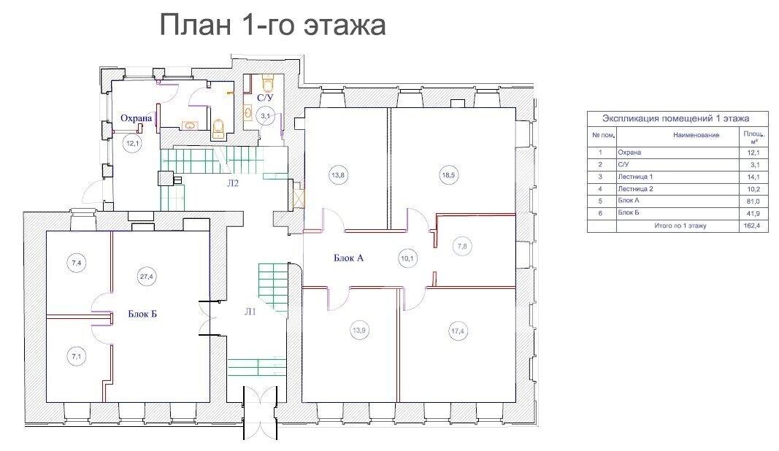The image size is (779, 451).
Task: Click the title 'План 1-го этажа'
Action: (x=272, y=25)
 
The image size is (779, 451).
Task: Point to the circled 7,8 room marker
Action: (x=463, y=247)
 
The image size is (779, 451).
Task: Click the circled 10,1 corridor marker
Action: (x=407, y=257)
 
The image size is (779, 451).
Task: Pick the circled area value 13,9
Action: (x=358, y=330)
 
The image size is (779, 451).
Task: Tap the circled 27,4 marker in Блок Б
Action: (x=147, y=276)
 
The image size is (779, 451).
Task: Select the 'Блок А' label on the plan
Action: (x=348, y=257)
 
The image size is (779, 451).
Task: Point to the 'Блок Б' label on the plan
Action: (x=143, y=315)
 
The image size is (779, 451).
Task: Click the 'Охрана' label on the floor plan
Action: (x=136, y=118)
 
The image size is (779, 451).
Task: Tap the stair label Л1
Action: (x=250, y=312)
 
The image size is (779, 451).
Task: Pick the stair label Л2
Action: (x=232, y=183)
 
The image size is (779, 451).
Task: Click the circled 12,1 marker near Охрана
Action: (x=132, y=144)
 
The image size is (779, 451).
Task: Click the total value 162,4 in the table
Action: (x=751, y=226)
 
